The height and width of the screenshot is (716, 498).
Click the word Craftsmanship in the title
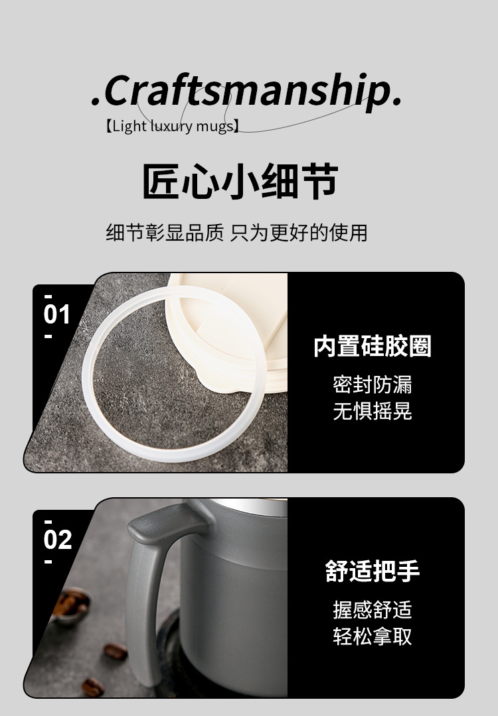(247, 91)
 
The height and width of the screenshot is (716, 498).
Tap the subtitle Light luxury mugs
(172, 125)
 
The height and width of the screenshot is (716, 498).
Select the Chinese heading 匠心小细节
(240, 181)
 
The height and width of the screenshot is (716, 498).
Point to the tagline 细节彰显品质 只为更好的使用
(237, 233)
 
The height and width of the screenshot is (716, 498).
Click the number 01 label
(56, 315)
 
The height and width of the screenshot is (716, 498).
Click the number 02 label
(58, 540)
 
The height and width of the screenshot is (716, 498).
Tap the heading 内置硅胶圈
(373, 346)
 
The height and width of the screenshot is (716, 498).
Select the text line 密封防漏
(373, 385)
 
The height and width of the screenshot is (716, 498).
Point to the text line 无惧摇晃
(373, 411)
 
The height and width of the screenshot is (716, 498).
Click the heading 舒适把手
(373, 571)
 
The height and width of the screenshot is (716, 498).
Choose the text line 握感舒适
(373, 610)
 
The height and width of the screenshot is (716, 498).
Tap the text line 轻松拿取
(373, 636)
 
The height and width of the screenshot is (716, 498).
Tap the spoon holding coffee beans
(71, 605)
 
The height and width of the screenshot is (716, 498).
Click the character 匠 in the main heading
(161, 181)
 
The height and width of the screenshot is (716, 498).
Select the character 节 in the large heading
(320, 181)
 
